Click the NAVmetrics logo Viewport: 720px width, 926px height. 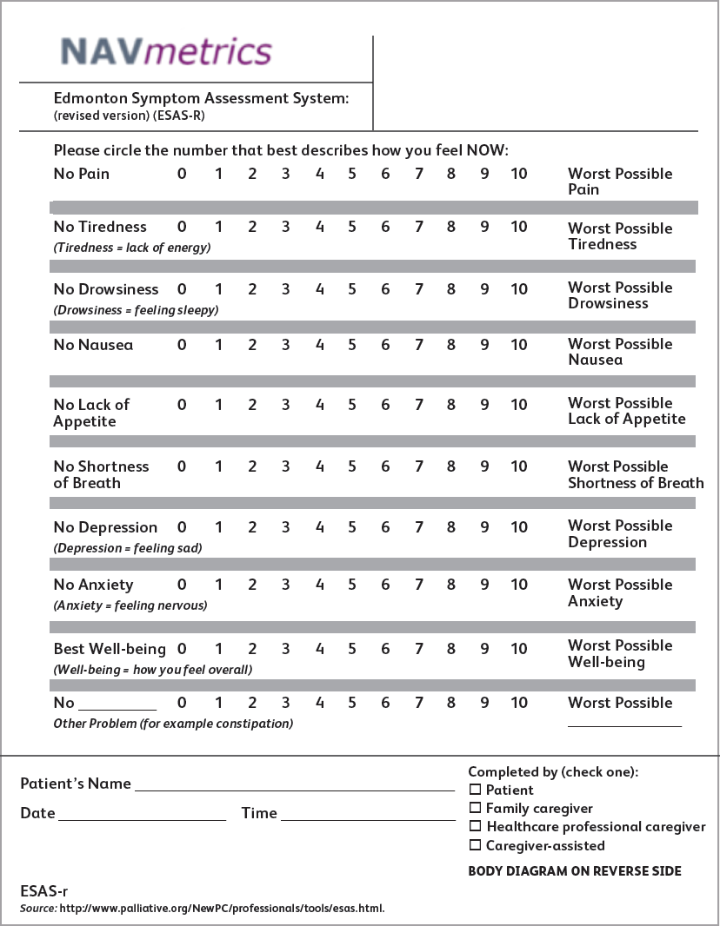(x=166, y=51)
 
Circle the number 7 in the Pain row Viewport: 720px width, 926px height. (x=419, y=174)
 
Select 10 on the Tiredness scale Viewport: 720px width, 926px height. (x=518, y=228)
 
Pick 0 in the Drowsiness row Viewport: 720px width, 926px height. (x=182, y=289)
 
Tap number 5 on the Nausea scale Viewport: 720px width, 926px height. (x=352, y=345)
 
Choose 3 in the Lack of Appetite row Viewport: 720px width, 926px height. (x=285, y=405)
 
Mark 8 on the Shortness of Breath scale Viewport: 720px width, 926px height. (x=451, y=466)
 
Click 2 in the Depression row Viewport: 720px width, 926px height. (x=252, y=527)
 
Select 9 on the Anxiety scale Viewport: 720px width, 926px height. (x=484, y=585)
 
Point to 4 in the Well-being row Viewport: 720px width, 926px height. (x=319, y=649)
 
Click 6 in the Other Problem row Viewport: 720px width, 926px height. (x=385, y=703)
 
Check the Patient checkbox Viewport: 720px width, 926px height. (x=475, y=790)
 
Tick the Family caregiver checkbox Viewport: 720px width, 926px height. (x=475, y=808)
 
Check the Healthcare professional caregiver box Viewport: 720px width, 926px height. (x=475, y=826)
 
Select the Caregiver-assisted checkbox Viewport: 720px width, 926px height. (x=475, y=845)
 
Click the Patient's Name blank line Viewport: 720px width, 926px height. (x=294, y=785)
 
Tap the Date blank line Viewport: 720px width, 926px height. (x=142, y=815)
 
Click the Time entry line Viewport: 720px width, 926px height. (x=368, y=815)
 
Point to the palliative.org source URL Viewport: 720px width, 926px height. (x=222, y=909)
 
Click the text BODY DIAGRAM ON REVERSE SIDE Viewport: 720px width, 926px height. (x=575, y=871)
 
